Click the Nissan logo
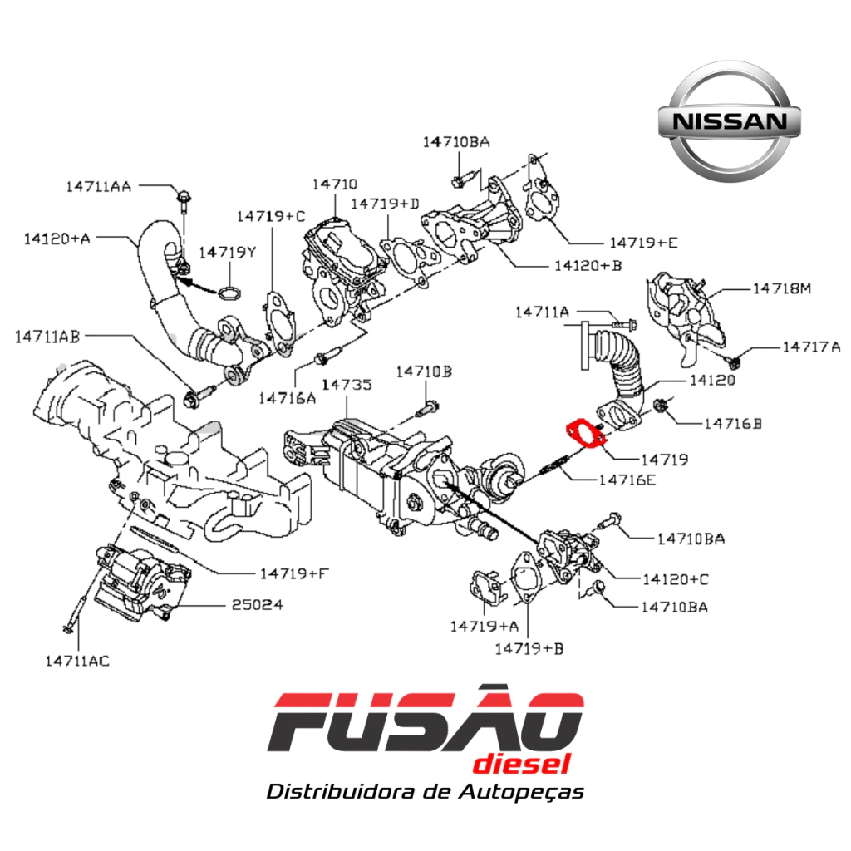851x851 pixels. (x=729, y=121)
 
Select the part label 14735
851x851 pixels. (x=347, y=385)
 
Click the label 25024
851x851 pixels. (x=258, y=605)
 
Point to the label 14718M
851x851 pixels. (x=782, y=288)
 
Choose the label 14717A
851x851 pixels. (x=811, y=347)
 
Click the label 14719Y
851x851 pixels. (x=227, y=253)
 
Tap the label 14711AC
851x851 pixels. (x=77, y=661)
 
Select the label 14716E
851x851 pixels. (x=627, y=480)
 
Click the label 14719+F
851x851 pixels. (x=295, y=573)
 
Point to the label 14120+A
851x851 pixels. (x=57, y=239)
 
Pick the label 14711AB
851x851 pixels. (x=47, y=337)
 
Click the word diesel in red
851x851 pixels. (x=522, y=764)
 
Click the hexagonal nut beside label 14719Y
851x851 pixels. (x=229, y=292)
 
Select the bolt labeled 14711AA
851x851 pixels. (x=184, y=202)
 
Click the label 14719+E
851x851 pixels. (x=644, y=243)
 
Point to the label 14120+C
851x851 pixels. (x=676, y=579)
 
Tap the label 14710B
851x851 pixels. (x=424, y=371)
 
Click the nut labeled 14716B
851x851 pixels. (x=660, y=405)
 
